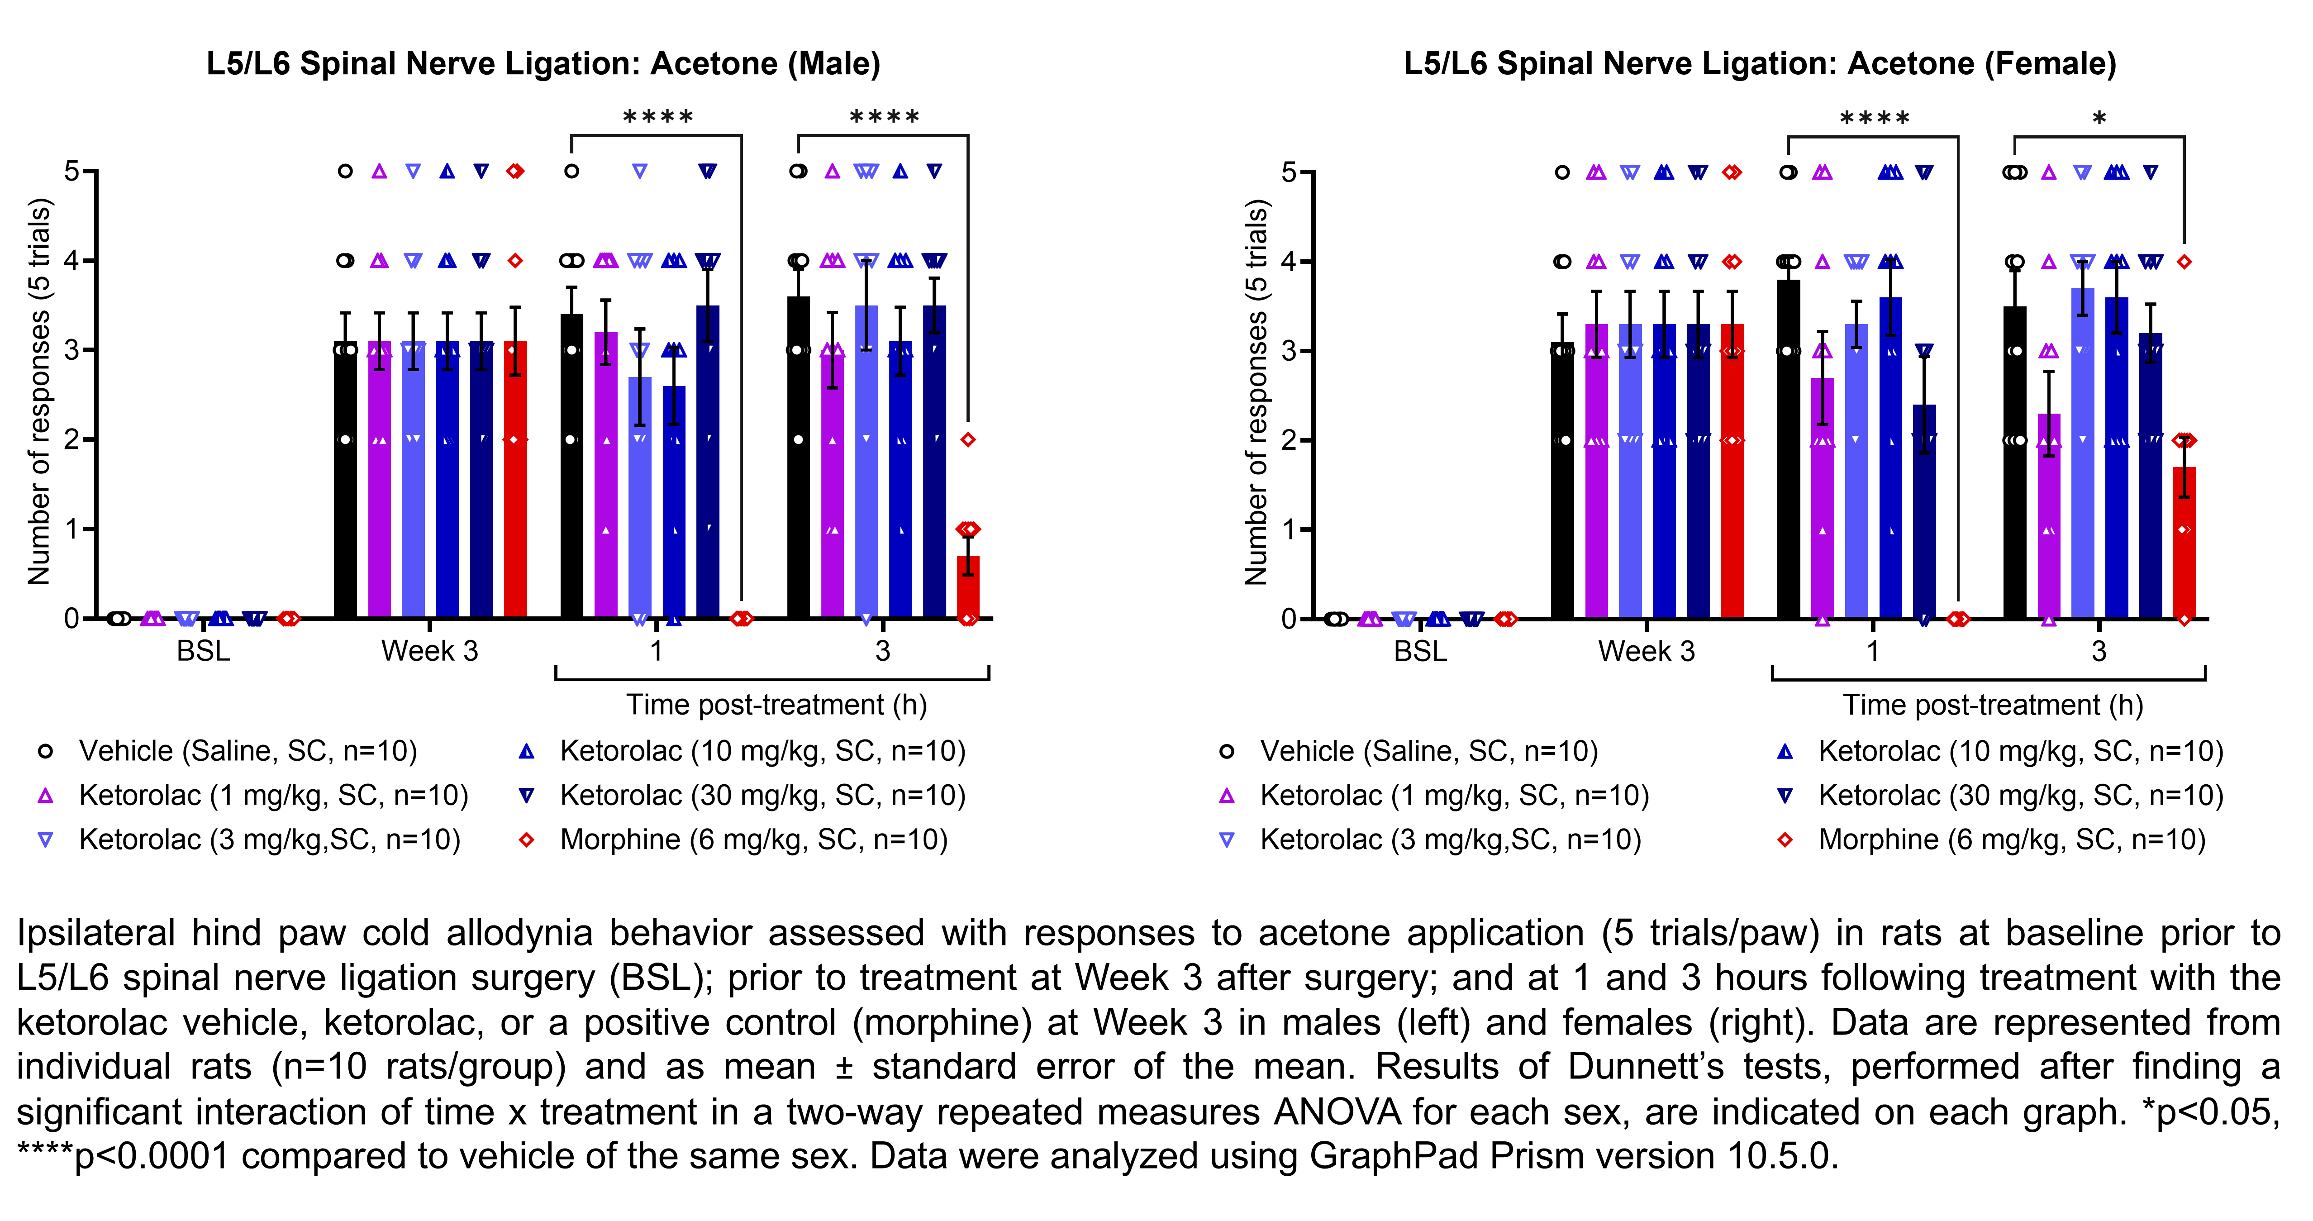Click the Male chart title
(543, 64)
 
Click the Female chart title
(1760, 64)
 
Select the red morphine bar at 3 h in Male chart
(968, 588)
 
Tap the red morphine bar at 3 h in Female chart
(2184, 543)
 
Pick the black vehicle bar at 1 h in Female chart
(1789, 449)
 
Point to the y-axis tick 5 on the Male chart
(72, 171)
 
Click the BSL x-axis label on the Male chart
(204, 651)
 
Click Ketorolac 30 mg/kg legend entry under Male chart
(761, 796)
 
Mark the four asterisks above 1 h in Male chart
(657, 118)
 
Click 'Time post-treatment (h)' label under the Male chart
(776, 705)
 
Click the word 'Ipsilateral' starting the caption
(95, 934)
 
